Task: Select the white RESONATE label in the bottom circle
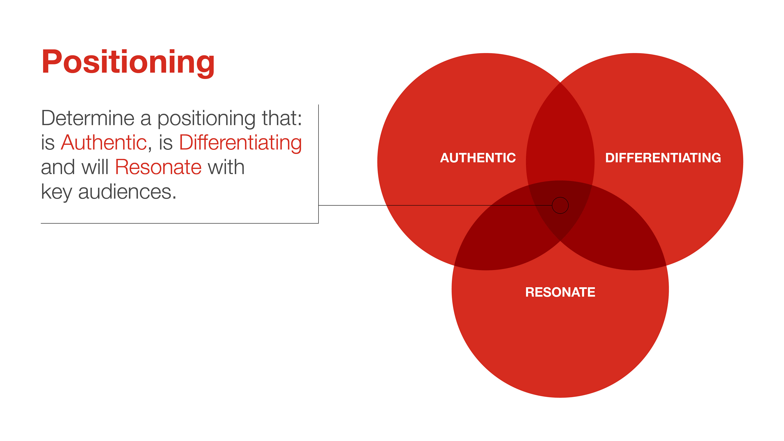pos(560,292)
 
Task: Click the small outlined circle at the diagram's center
pos(560,205)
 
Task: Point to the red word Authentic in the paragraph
pos(104,143)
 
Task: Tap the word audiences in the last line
pos(127,192)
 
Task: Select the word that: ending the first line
pos(282,118)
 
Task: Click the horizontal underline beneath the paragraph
pos(180,223)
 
